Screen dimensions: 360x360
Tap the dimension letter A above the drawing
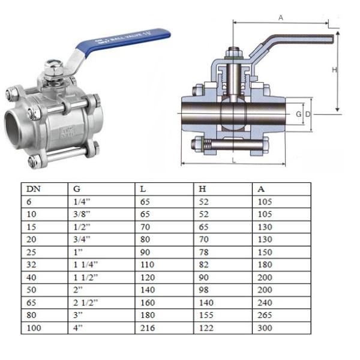click(280, 18)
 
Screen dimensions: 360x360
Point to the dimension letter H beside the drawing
click(335, 70)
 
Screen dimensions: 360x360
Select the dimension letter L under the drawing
click(233, 160)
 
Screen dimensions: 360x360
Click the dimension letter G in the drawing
click(298, 113)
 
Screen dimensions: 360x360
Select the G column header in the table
click(76, 188)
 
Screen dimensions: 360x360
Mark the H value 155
click(206, 316)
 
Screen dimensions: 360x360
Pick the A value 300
click(264, 328)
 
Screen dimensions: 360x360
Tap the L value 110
click(147, 265)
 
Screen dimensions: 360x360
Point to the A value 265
click(264, 316)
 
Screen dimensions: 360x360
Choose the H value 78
click(203, 253)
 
